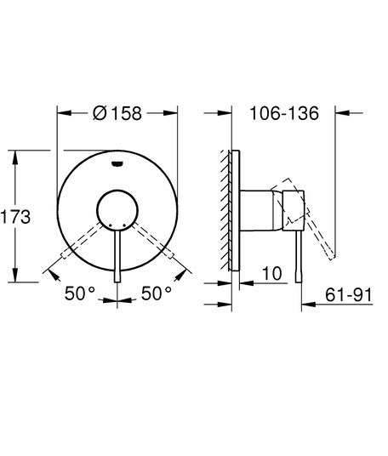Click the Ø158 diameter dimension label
coord(117,113)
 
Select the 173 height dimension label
coord(15,217)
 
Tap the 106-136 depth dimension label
coord(284,113)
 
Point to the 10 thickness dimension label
coord(272,273)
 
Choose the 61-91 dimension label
coord(349,295)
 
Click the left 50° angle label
coord(80,294)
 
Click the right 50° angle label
coord(157,294)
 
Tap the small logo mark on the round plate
coord(117,164)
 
